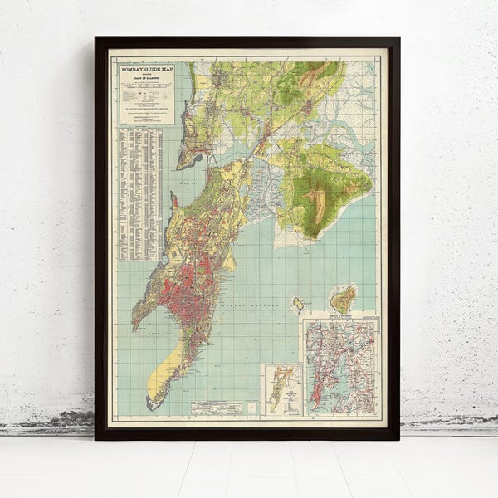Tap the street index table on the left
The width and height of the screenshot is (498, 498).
coord(139,191)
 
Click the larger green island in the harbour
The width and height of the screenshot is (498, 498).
coord(343,298)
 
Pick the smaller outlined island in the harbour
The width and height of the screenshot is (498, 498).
coord(297,305)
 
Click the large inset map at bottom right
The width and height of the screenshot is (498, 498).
coord(341,366)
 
